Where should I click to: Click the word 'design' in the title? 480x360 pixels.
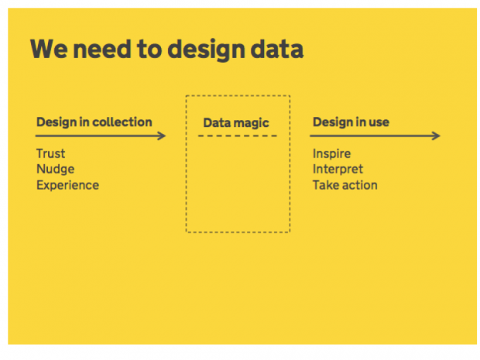tap(207, 50)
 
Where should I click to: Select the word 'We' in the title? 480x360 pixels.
tap(49, 49)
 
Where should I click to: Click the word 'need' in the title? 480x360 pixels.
tap(102, 49)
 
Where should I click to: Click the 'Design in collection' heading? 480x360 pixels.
tap(94, 122)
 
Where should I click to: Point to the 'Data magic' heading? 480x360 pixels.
tap(236, 123)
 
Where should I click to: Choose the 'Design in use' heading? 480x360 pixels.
tap(351, 122)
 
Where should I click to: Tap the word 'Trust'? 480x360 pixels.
tap(51, 153)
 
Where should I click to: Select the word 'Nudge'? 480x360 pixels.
tap(56, 170)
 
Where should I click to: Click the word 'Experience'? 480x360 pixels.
tap(67, 186)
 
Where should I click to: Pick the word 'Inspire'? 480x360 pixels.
tap(331, 154)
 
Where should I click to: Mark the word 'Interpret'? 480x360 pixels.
tap(338, 170)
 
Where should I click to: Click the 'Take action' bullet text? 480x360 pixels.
tap(345, 185)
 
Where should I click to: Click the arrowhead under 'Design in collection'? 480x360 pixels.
tap(162, 136)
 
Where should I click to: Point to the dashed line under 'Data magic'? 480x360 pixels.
tap(238, 136)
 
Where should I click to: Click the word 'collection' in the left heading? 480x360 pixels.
tap(122, 122)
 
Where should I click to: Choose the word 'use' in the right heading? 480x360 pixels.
tap(379, 122)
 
